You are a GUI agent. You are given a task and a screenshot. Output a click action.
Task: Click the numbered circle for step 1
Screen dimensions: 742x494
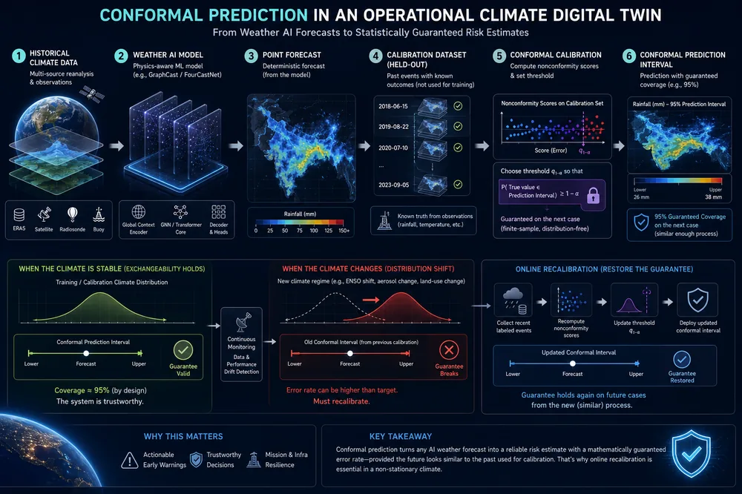(18, 56)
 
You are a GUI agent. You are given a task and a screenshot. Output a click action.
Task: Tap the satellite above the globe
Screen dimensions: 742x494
(92, 93)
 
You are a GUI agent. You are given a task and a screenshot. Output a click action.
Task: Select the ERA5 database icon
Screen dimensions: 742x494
(19, 215)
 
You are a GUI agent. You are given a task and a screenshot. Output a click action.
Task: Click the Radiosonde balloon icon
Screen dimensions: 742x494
(72, 214)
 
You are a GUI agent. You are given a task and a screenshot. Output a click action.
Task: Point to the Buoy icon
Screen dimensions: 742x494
(99, 214)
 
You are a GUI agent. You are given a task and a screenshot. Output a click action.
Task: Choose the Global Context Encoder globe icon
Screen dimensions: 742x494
(138, 211)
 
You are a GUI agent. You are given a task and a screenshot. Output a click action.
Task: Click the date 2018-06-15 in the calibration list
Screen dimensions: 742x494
(393, 107)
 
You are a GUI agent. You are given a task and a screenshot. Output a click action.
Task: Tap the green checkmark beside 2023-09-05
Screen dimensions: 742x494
(458, 185)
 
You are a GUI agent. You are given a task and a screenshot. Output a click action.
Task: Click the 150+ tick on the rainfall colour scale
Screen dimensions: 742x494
(344, 231)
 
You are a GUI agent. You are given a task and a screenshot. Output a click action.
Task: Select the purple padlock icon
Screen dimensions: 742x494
(593, 195)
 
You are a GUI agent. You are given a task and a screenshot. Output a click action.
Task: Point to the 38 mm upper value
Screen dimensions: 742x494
(713, 197)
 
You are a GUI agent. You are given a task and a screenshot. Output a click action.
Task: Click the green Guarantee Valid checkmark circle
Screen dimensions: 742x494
(183, 351)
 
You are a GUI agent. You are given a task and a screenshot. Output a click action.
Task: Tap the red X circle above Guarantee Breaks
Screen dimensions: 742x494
(449, 351)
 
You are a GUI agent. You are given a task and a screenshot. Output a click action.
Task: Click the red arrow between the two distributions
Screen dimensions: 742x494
(371, 300)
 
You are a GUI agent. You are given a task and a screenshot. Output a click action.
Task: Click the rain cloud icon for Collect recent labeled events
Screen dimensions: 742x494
(513, 300)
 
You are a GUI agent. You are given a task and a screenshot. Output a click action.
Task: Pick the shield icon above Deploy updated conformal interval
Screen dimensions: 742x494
(697, 300)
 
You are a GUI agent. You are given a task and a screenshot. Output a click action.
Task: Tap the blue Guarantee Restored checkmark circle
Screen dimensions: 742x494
(681, 360)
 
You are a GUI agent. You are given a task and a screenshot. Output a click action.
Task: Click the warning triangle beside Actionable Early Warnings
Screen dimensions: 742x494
(129, 460)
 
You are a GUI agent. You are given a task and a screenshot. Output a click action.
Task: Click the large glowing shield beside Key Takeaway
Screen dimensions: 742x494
(692, 453)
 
